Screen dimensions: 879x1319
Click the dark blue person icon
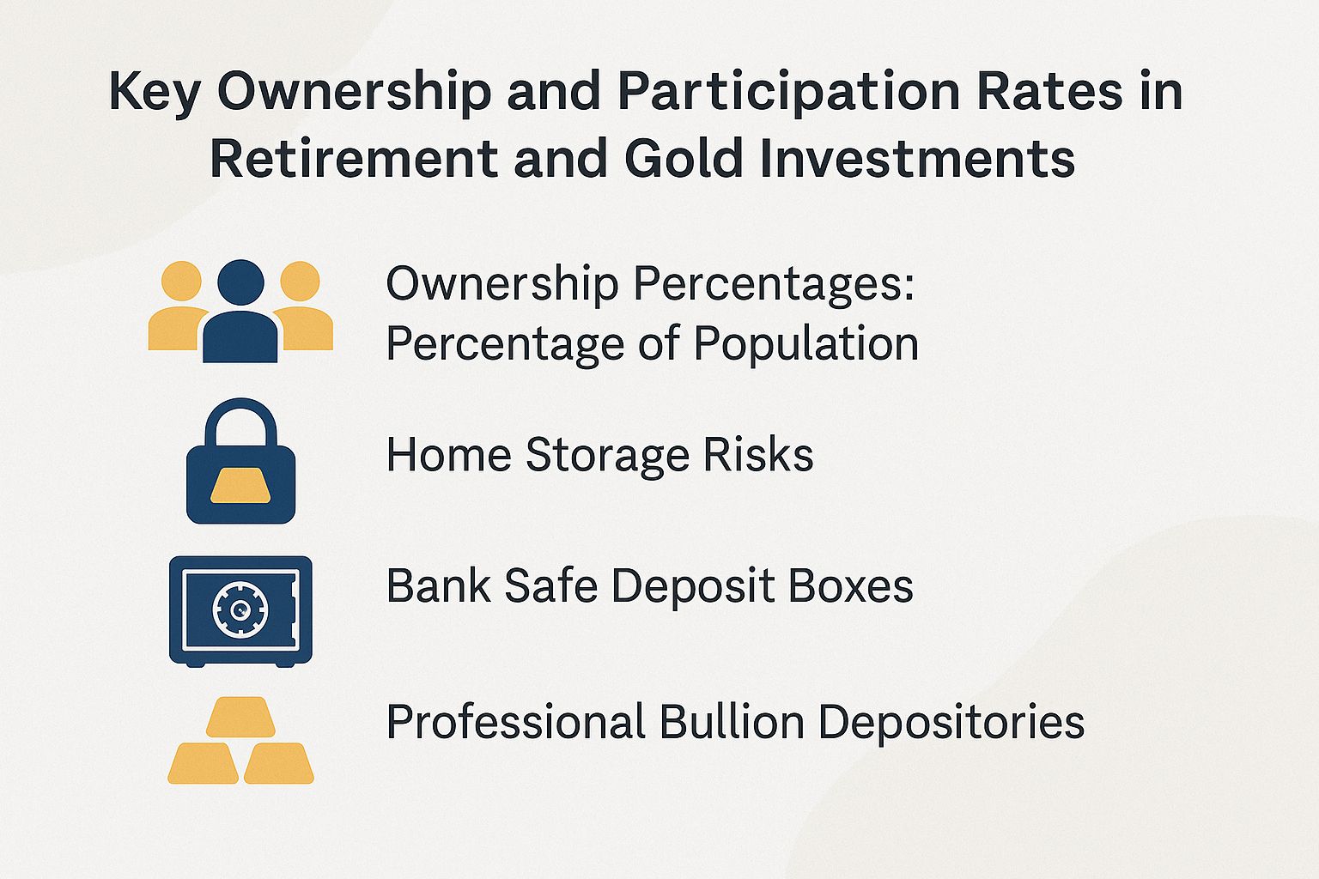240,313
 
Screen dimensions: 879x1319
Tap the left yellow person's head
181,282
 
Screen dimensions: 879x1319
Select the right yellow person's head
300,282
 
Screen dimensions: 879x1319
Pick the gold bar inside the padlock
240,487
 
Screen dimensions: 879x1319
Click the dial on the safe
240,609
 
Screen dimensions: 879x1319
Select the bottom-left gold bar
204,763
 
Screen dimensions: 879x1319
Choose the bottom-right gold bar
279,763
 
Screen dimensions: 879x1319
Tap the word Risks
758,455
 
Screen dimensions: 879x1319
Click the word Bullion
731,722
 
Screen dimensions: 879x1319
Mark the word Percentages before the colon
773,285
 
